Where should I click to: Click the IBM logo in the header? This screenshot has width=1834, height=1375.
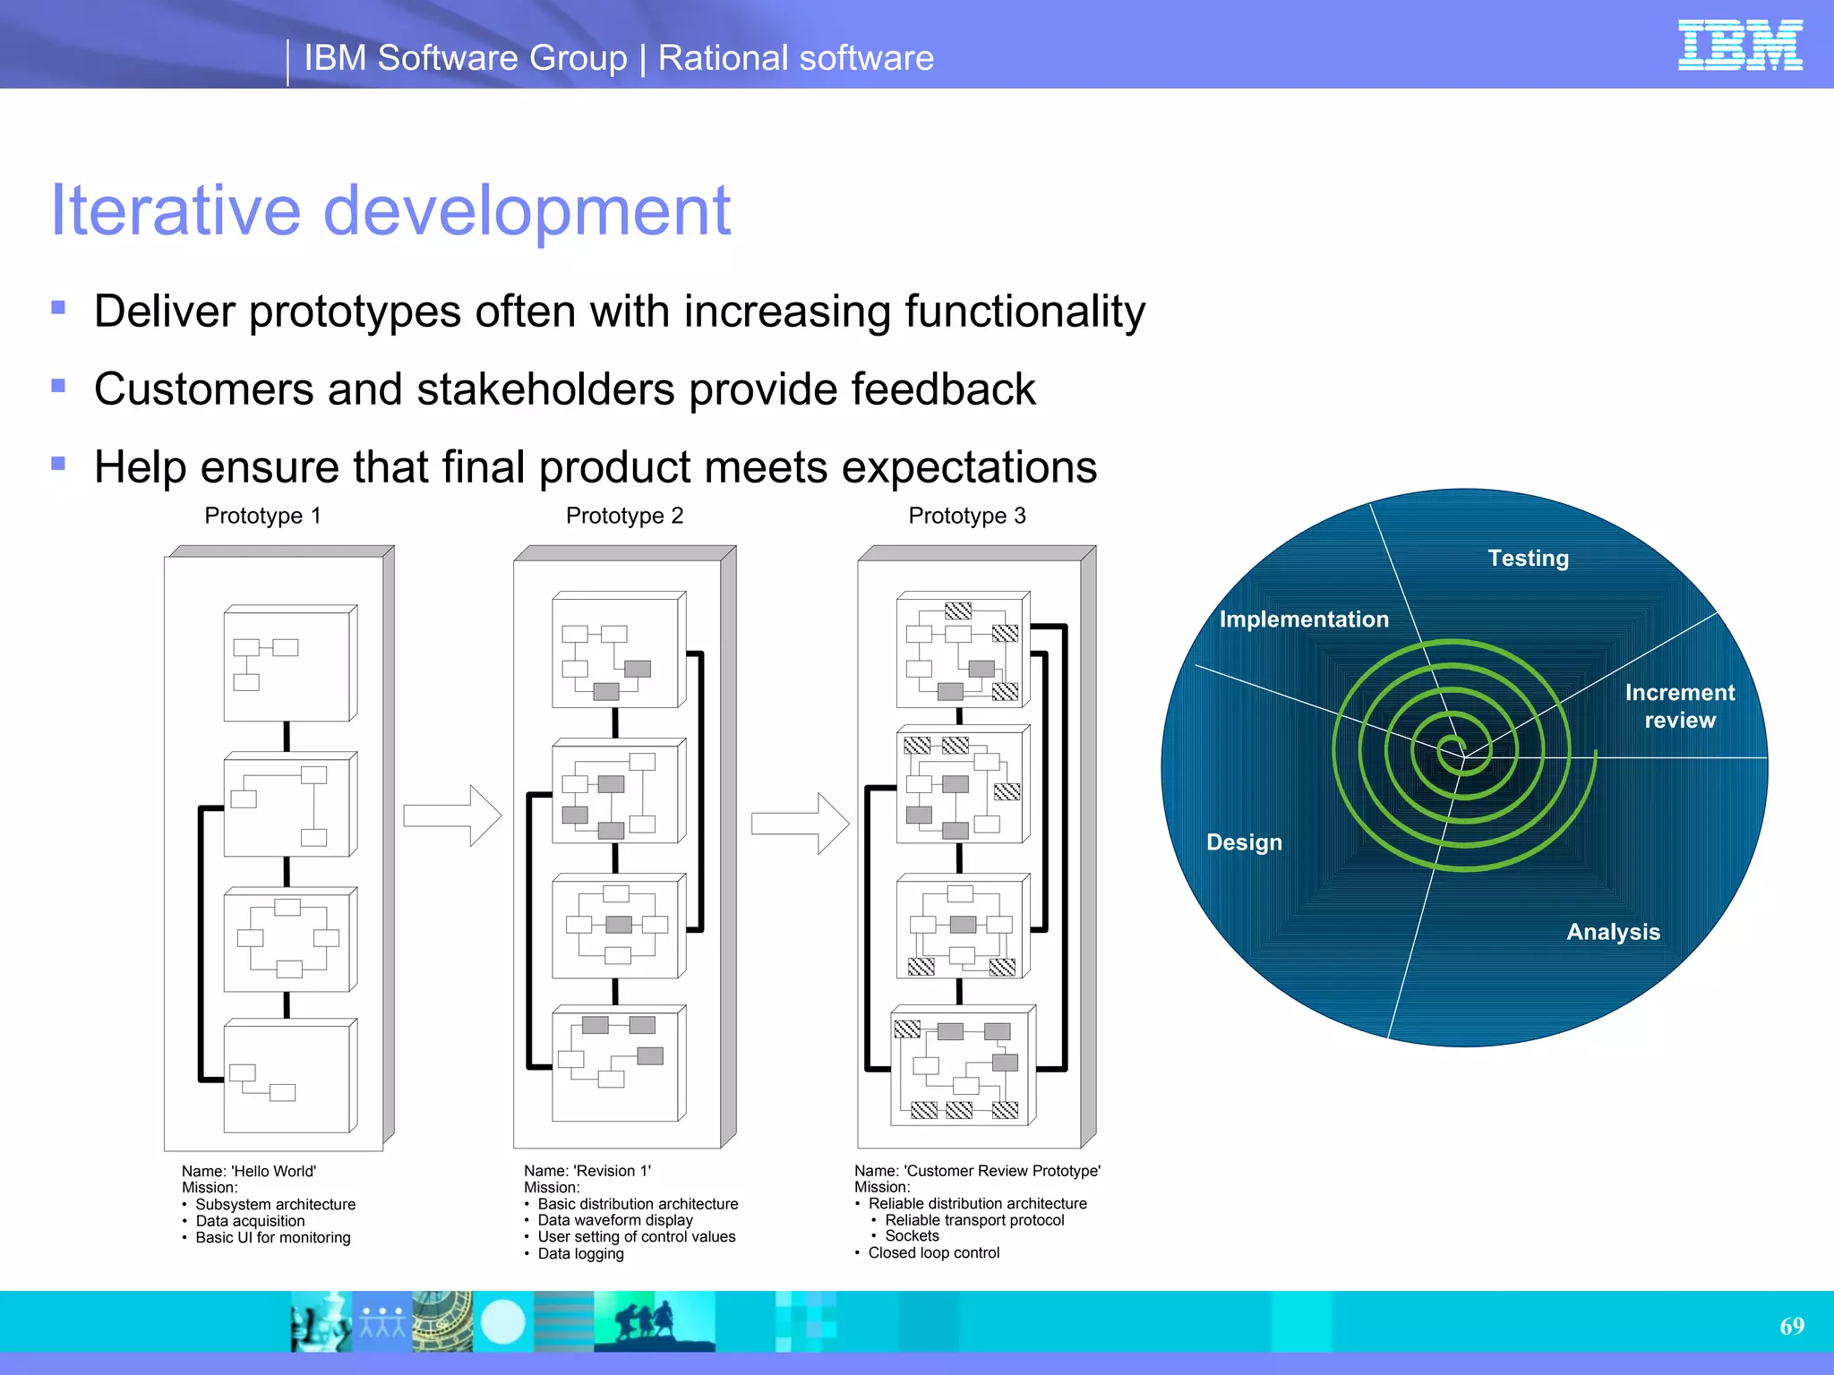coord(1739,45)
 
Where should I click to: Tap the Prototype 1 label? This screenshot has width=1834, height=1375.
coord(262,516)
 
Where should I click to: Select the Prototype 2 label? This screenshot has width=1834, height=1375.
coord(624,516)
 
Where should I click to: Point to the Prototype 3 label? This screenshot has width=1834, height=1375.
coord(966,516)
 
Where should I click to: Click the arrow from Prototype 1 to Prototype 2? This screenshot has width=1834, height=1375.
coord(452,816)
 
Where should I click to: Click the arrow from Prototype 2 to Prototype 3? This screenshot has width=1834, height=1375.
coord(800,823)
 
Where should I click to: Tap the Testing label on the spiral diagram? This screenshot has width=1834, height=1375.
coord(1528,559)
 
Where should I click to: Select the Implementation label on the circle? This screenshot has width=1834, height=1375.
coord(1303,619)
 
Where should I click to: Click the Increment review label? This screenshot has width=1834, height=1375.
coord(1679,706)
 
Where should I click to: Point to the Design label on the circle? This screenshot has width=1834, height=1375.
coord(1244,842)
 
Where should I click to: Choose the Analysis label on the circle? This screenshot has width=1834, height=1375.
coord(1613,932)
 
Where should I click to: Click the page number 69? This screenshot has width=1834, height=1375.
coord(1791,1326)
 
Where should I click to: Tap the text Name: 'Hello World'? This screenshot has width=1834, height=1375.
coord(249,1171)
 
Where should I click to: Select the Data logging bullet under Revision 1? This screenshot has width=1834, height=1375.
coord(580,1253)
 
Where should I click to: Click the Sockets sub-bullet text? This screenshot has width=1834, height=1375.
coord(912,1236)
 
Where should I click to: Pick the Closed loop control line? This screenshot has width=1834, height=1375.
coord(933,1253)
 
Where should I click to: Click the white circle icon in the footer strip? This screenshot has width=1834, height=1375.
coord(502,1321)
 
